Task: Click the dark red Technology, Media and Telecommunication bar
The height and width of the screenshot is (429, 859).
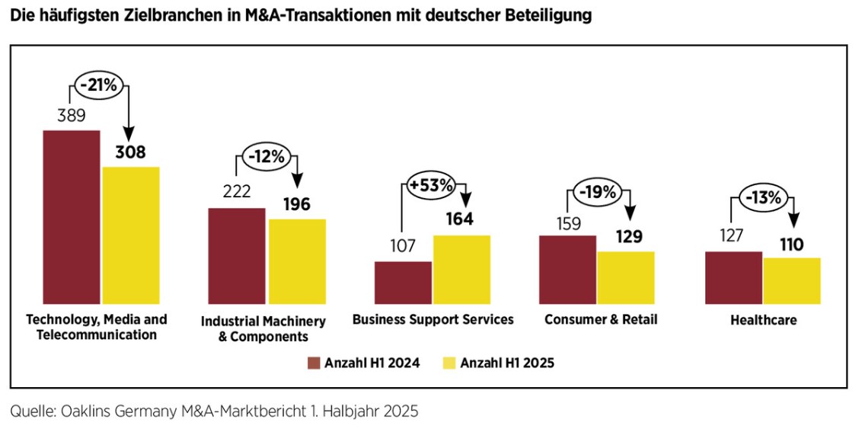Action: click(72, 217)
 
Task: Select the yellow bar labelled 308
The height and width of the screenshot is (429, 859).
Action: click(131, 235)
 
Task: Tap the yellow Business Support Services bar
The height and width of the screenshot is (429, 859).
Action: click(461, 269)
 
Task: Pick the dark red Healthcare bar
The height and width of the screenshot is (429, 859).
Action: click(733, 277)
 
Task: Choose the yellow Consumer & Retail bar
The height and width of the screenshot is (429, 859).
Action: click(625, 277)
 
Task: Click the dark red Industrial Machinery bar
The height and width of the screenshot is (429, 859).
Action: click(237, 255)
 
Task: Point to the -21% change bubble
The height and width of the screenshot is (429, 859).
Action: click(98, 85)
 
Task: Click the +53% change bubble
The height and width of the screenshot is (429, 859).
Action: click(431, 185)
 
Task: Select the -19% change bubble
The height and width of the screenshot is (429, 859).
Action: click(597, 193)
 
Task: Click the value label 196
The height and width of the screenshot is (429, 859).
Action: click(296, 204)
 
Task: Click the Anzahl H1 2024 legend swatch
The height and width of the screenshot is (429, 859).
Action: click(313, 363)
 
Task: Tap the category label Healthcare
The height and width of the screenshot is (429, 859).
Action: click(763, 320)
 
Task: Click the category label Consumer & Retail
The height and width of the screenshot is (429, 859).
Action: click(600, 319)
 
